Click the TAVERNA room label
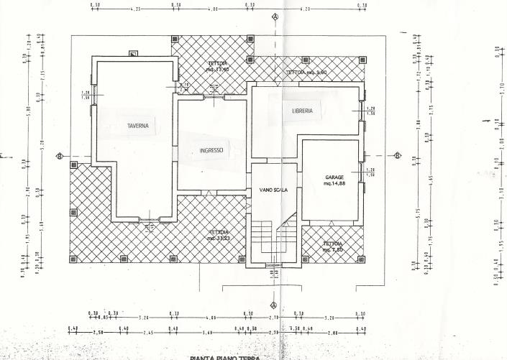tap(138, 126)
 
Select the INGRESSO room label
tap(211, 151)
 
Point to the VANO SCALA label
tap(274, 190)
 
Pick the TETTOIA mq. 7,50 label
tap(333, 246)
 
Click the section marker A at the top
tap(275, 16)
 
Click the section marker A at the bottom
tap(275, 305)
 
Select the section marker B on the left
tap(60, 156)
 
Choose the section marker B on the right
tap(397, 156)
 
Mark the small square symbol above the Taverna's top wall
tap(134, 53)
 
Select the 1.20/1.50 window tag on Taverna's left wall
tap(86, 95)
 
